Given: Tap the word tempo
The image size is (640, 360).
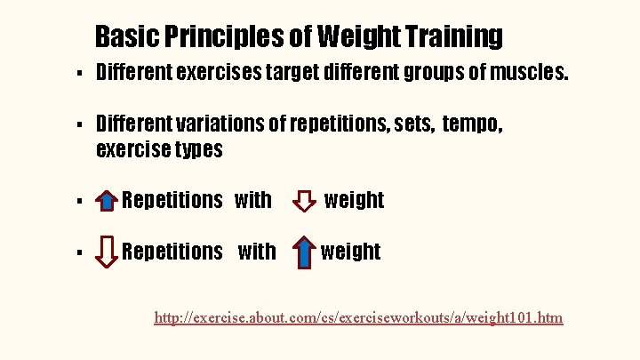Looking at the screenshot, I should [x=471, y=125].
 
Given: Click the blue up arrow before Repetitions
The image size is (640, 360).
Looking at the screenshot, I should [x=105, y=201].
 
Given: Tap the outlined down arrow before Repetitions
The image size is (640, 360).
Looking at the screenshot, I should [x=106, y=252].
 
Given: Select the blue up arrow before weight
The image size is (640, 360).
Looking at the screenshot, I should [x=304, y=252].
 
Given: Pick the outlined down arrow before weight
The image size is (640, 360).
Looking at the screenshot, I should [x=304, y=201].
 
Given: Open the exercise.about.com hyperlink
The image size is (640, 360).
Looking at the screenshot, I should [x=358, y=317].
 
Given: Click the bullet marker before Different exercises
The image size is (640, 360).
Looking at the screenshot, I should [x=80, y=73].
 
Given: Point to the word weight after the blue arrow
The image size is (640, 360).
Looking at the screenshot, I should [x=350, y=252].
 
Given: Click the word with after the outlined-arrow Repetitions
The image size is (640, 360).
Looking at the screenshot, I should [x=257, y=252].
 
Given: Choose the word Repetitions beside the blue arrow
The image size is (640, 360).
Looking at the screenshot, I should [x=172, y=200].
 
